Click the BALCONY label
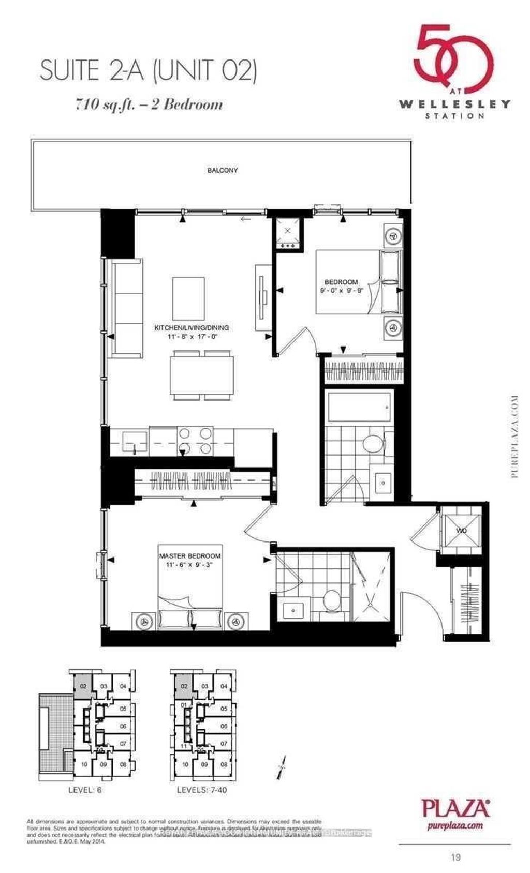click(222, 170)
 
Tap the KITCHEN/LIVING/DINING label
click(192, 328)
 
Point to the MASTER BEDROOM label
click(190, 556)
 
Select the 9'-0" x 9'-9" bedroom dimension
click(342, 291)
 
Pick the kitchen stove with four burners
click(195, 441)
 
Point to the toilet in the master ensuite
click(330, 601)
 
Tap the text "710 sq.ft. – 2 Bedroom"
click(149, 105)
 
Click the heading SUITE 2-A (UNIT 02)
click(148, 71)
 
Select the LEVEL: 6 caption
click(85, 790)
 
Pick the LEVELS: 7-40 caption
click(201, 790)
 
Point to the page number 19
click(455, 857)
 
